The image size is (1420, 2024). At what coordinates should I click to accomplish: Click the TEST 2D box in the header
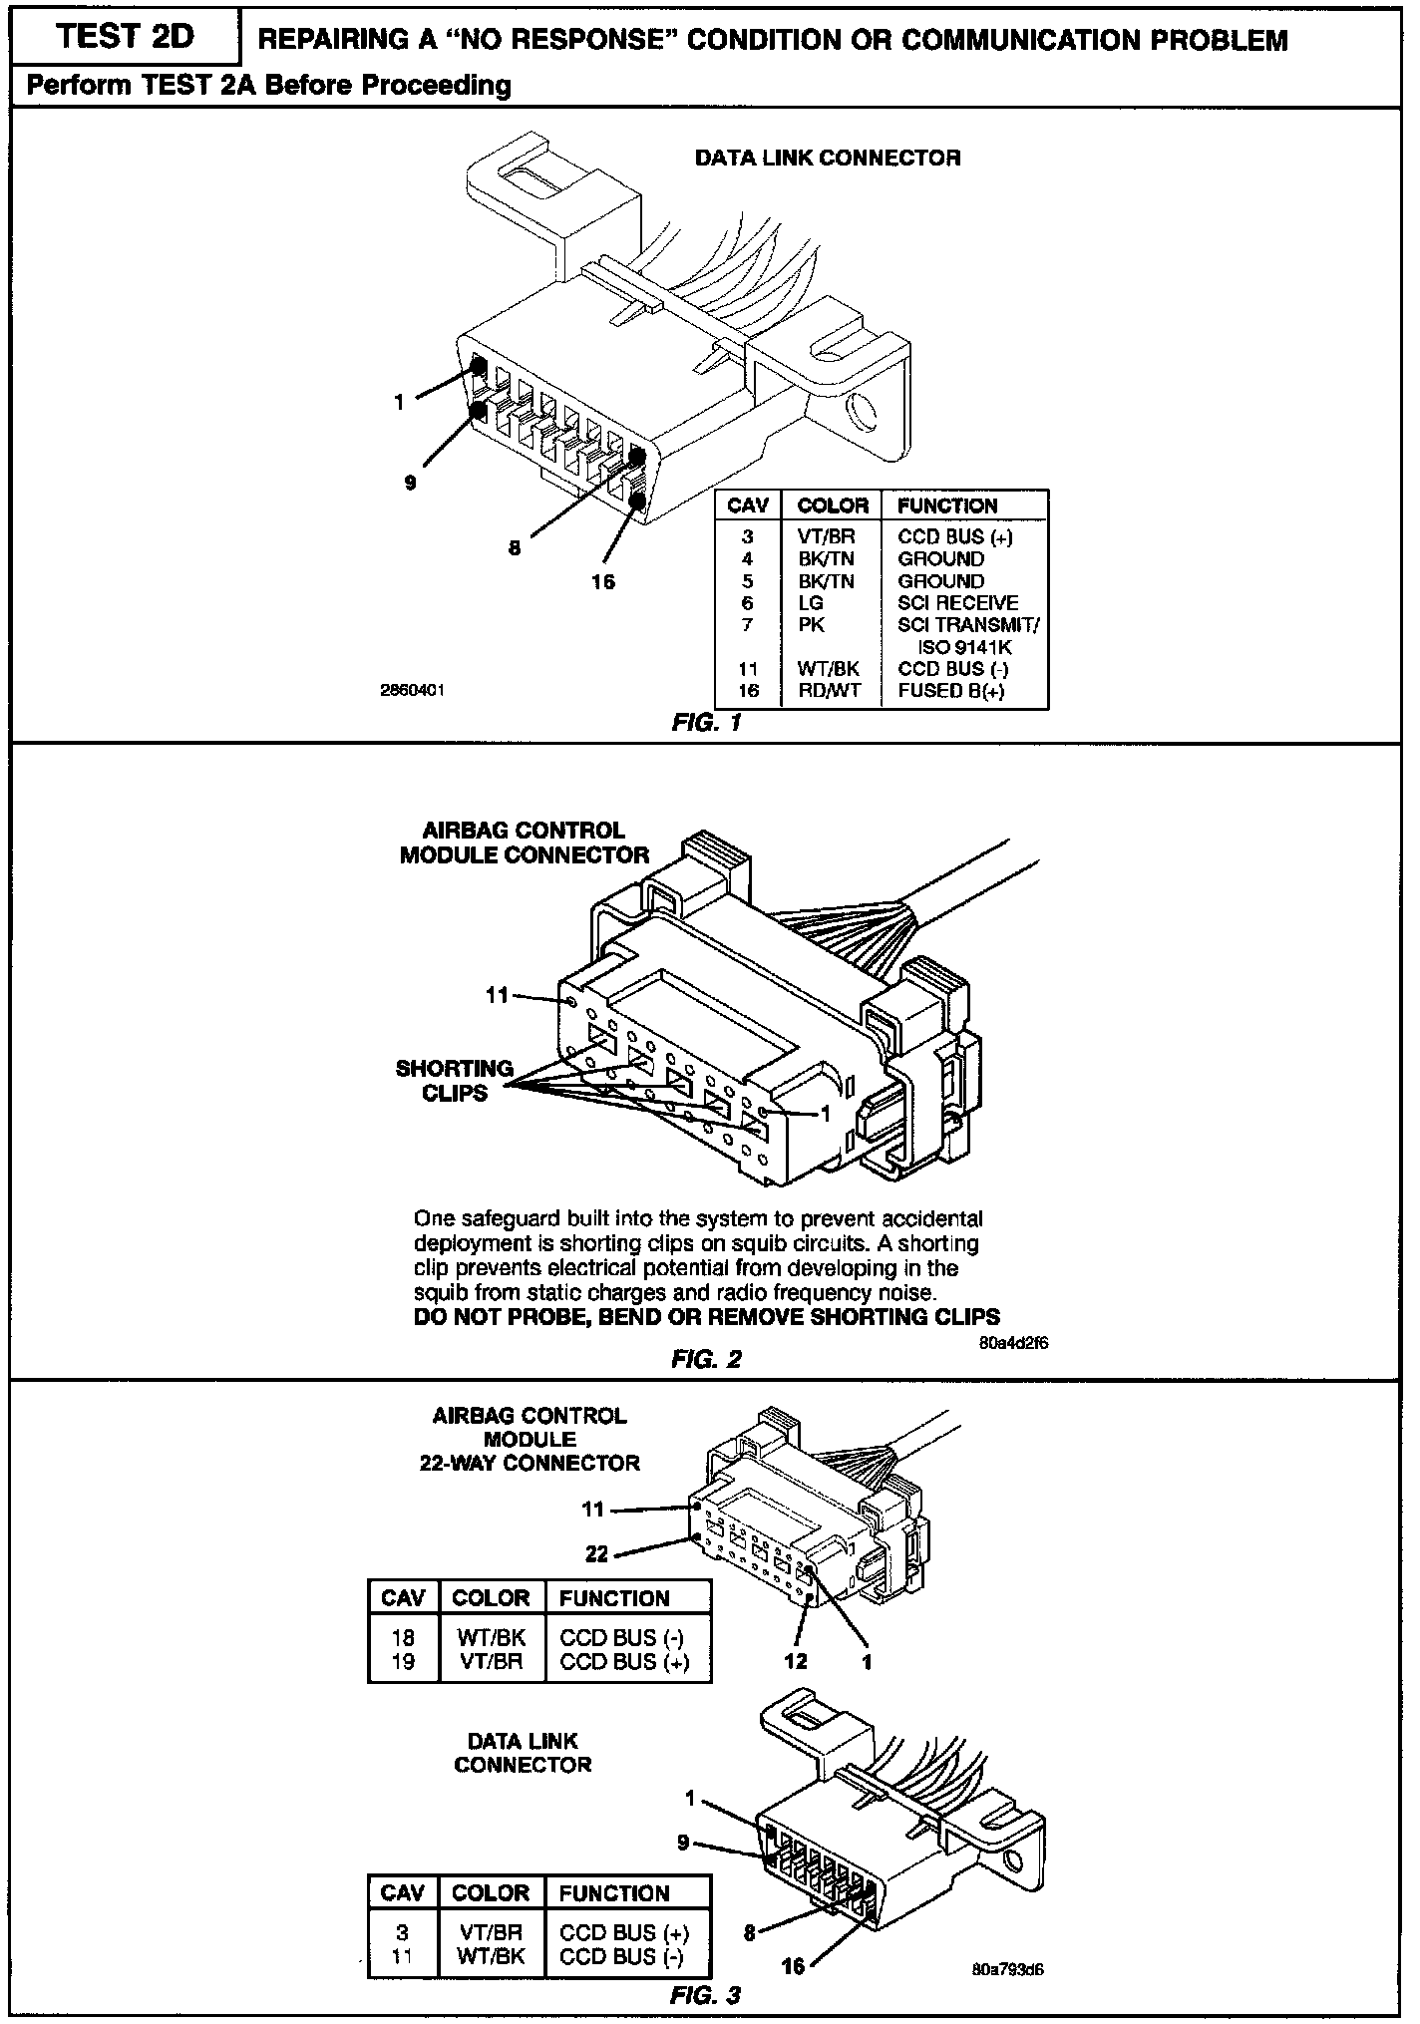click(x=126, y=37)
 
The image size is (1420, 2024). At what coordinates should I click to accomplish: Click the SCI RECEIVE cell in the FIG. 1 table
click(x=957, y=603)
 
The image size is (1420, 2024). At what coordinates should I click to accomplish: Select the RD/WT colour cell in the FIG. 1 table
click(x=828, y=690)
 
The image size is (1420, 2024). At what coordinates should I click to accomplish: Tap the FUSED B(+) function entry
click(x=951, y=690)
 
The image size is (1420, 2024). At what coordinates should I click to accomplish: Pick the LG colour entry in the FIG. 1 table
click(x=810, y=603)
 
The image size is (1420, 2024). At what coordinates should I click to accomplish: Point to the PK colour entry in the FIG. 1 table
click(x=810, y=625)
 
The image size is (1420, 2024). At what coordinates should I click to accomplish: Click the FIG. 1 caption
click(x=707, y=723)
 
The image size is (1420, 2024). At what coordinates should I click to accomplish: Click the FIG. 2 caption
click(x=707, y=1359)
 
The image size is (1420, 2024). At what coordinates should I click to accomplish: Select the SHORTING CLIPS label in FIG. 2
click(x=454, y=1081)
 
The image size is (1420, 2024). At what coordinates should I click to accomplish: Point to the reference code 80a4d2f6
click(x=1013, y=1342)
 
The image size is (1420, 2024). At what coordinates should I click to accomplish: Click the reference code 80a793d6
click(x=1007, y=1970)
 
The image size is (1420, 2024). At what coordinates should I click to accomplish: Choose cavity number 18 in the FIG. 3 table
click(x=403, y=1637)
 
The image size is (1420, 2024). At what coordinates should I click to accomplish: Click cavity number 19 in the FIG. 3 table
click(x=403, y=1661)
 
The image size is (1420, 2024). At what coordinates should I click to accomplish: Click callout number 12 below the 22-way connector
click(x=795, y=1661)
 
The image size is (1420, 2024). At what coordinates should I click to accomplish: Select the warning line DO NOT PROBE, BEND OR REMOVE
click(x=706, y=1317)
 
